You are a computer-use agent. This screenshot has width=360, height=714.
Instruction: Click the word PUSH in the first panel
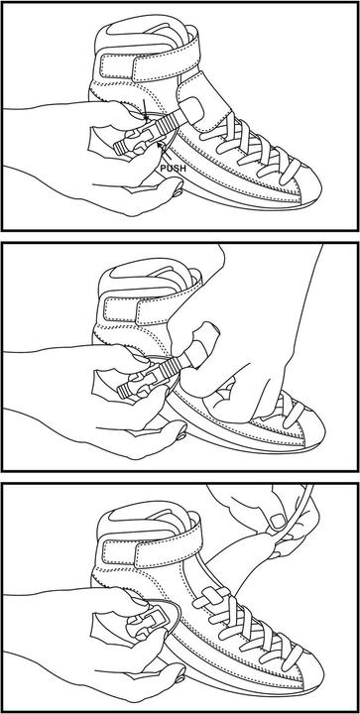174,168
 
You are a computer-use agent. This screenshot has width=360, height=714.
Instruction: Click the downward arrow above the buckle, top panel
145,110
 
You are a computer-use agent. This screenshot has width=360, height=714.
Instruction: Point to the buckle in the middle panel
136,383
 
